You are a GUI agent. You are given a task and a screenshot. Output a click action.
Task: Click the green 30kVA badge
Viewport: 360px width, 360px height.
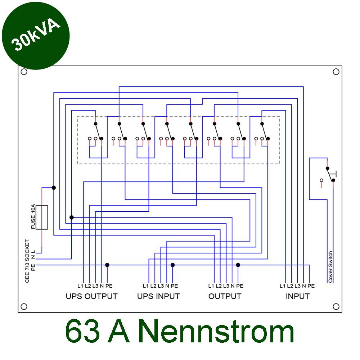pyautogui.click(x=36, y=36)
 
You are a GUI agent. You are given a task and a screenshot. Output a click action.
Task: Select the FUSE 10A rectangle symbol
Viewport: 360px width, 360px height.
pyautogui.click(x=42, y=217)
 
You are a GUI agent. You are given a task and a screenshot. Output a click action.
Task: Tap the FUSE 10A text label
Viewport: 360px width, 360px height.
pyautogui.click(x=33, y=216)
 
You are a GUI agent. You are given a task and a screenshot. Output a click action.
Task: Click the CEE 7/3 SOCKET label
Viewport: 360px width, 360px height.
pyautogui.click(x=27, y=261)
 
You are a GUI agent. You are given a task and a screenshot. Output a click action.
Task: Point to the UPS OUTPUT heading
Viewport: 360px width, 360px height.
pyautogui.click(x=91, y=296)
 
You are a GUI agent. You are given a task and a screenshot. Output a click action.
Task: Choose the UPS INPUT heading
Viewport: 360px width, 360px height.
pyautogui.click(x=158, y=296)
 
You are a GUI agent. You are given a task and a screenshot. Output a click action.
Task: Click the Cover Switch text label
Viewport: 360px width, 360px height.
pyautogui.click(x=330, y=267)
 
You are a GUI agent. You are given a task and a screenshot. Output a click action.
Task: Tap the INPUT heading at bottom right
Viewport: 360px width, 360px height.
pyautogui.click(x=298, y=296)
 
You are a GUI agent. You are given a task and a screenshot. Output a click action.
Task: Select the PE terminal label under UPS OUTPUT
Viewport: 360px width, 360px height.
pyautogui.click(x=109, y=286)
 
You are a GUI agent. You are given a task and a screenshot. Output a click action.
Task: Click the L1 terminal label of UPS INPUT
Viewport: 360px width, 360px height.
pyautogui.click(x=145, y=286)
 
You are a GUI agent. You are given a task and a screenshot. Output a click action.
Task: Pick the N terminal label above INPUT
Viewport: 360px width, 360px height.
pyautogui.click(x=304, y=286)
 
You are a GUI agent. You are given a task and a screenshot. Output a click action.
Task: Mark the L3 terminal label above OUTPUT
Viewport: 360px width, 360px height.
pyautogui.click(x=226, y=286)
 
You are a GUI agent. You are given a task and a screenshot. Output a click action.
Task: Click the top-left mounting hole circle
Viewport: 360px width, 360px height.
pyautogui.click(x=24, y=72)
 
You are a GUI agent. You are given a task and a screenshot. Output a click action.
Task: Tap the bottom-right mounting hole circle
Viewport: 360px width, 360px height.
pyautogui.click(x=336, y=306)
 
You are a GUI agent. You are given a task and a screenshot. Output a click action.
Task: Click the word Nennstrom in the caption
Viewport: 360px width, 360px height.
pyautogui.click(x=216, y=332)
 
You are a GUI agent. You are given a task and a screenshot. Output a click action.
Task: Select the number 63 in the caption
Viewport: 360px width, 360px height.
pyautogui.click(x=82, y=332)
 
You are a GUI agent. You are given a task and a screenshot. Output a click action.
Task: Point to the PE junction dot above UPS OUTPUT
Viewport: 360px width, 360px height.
pyautogui.click(x=107, y=265)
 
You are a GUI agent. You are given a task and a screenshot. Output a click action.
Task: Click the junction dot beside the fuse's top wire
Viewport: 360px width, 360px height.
pyautogui.click(x=54, y=188)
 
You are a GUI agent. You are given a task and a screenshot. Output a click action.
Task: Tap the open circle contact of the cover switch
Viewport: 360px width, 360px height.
pyautogui.click(x=321, y=180)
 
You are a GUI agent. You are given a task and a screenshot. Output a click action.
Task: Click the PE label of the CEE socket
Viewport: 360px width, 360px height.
pyautogui.click(x=33, y=267)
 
